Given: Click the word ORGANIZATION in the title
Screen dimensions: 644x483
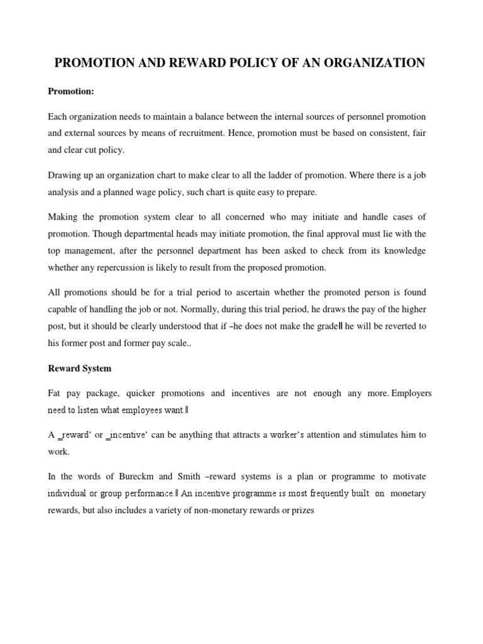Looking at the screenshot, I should point(373,63).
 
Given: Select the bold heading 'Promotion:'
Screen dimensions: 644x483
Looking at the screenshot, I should point(71,92).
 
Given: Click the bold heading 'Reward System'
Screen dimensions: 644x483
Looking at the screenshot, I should point(80,368).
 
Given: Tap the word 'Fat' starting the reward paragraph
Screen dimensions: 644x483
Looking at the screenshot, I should point(55,393).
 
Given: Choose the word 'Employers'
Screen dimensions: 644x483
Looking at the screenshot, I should point(411,393).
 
